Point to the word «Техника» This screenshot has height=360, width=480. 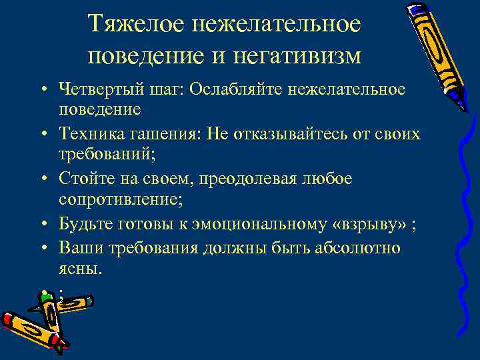92,135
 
